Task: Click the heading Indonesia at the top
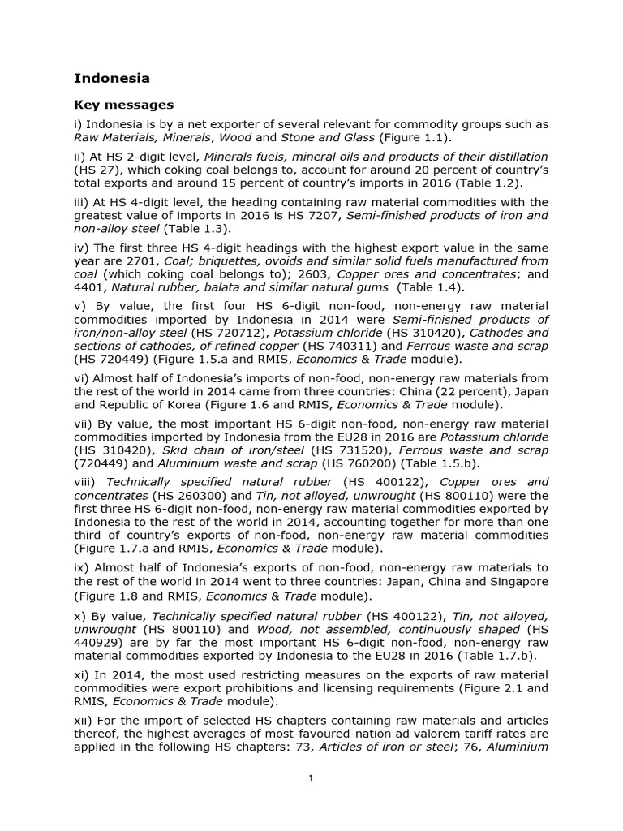click(112, 79)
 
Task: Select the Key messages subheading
click(123, 105)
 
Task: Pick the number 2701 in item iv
click(161, 260)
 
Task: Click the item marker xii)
click(84, 721)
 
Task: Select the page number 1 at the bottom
click(311, 778)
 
